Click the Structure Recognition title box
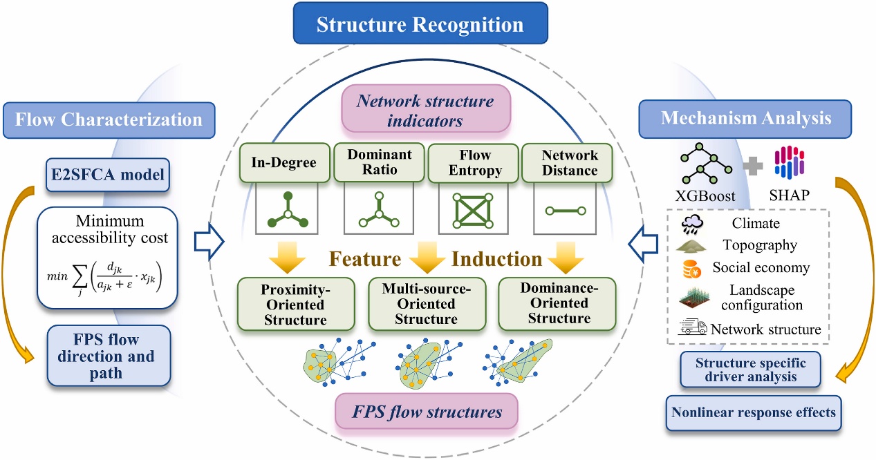420,26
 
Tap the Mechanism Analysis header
745,117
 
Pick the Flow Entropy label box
473,162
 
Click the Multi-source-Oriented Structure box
426,304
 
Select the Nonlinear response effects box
753,412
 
